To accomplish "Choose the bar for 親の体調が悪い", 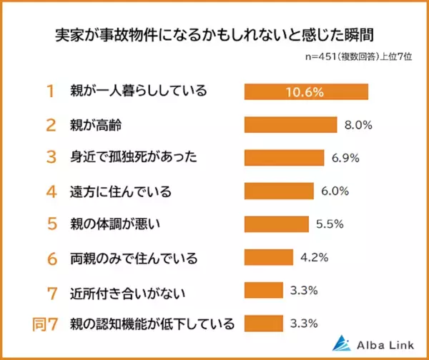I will pos(277,224).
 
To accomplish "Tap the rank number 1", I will pos(51,91).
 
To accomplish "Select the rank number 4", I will pos(51,191).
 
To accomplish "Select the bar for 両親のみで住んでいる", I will pos(269,256).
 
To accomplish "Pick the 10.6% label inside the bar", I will pos(306,92).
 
